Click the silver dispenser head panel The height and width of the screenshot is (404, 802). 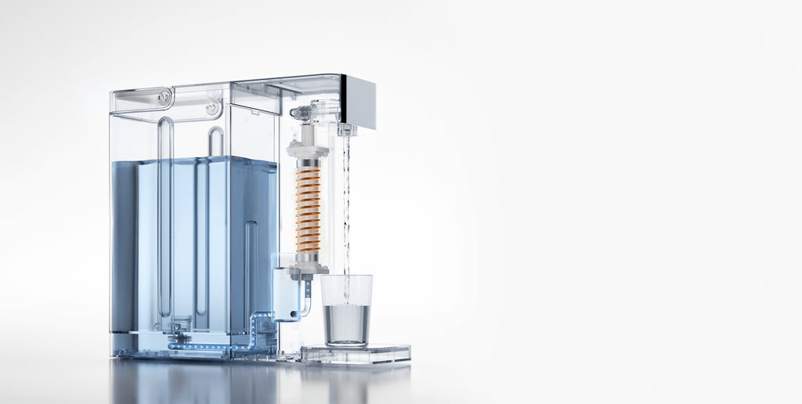359,102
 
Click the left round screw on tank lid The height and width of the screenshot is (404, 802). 164,97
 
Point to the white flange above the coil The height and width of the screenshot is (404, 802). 308,149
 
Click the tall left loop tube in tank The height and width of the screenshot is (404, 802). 165,219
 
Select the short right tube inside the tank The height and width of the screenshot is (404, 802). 251,266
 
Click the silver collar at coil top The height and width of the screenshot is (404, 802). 308,164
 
